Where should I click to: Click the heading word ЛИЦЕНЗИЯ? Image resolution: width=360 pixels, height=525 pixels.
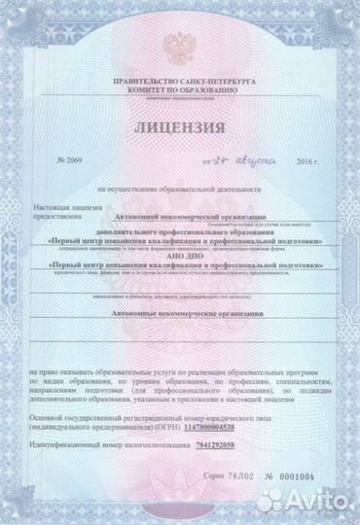(179, 127)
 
